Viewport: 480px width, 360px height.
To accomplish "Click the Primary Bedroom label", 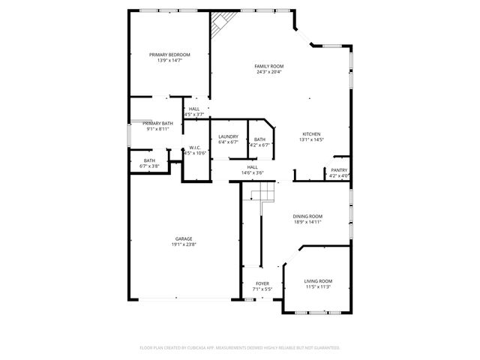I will point(169,55).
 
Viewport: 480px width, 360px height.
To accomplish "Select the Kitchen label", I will point(312,133).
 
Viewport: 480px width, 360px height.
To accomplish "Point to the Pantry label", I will point(339,170).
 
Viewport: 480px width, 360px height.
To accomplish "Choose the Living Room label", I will point(318,281).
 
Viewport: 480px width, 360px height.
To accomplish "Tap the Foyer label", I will point(262,283).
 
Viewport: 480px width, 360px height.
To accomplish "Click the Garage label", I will point(184,238).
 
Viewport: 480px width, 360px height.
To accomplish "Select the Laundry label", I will point(228,136).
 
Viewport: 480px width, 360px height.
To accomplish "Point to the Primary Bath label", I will point(157,123).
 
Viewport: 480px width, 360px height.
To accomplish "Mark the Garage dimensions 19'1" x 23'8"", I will point(184,244).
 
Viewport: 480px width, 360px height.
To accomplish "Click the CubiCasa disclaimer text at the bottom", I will point(240,348).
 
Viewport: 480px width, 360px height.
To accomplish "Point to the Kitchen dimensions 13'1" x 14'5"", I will point(312,139).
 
